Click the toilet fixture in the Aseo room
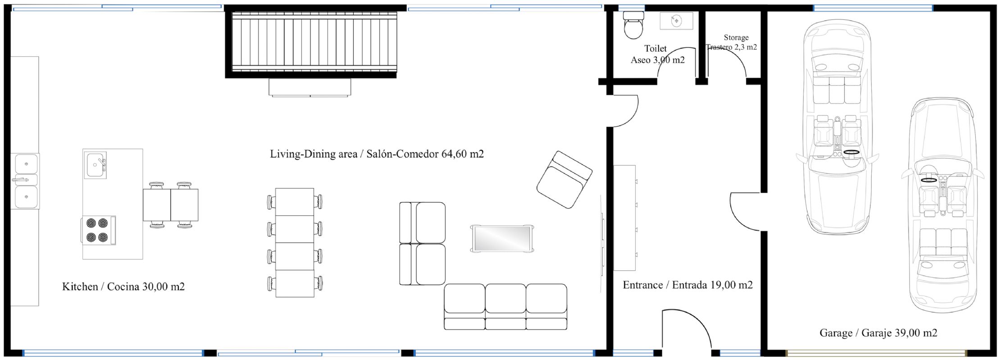point(633,25)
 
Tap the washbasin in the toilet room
point(676,21)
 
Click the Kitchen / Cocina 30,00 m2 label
point(123,287)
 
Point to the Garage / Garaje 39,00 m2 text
point(878,333)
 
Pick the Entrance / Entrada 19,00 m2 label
point(687,285)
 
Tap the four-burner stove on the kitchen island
point(98,230)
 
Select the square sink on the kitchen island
point(95,165)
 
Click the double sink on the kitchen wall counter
point(25,181)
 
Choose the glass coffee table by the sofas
point(502,238)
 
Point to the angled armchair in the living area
point(564,179)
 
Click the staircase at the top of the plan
point(314,41)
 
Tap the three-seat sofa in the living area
point(505,307)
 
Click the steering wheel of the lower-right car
point(928,180)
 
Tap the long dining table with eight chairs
point(295,242)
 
